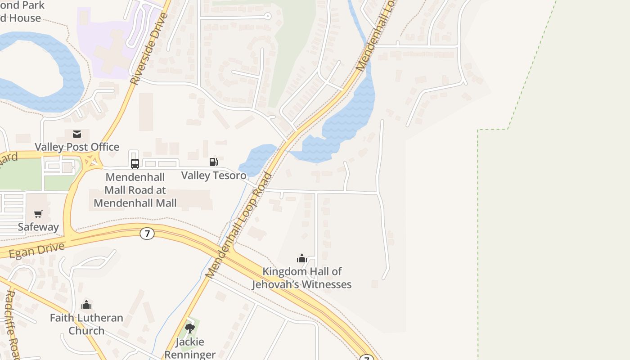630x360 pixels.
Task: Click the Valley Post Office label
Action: [77, 147]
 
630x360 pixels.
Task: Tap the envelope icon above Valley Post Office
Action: [77, 134]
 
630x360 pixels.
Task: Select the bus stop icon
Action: [135, 163]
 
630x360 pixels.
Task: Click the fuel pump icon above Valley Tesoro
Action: [214, 162]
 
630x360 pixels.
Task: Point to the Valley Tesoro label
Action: [214, 175]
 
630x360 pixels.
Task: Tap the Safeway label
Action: [38, 227]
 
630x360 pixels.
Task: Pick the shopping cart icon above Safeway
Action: [38, 214]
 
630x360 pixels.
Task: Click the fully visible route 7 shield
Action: [147, 234]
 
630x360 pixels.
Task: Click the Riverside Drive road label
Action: [149, 49]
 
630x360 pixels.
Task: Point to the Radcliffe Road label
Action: [12, 324]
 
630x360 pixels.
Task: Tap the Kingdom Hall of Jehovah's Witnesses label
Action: [301, 278]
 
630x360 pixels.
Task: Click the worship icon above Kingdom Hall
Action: [301, 258]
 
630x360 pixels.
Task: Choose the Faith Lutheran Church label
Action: [86, 324]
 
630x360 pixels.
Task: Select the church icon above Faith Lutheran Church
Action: [86, 305]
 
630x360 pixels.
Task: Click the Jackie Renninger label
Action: [190, 348]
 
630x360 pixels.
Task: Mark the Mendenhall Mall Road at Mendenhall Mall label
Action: [135, 190]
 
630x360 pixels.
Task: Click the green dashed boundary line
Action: [478, 225]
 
